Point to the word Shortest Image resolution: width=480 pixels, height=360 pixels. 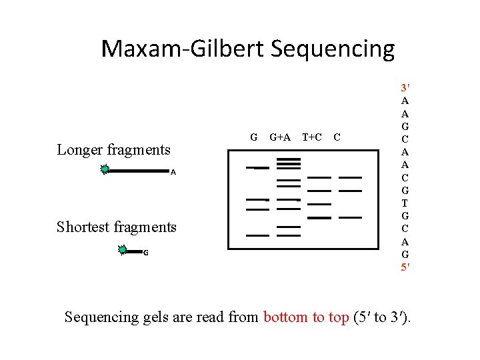[85, 227]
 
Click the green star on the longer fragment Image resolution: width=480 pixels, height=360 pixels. [105, 170]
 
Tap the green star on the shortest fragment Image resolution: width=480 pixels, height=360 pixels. [122, 251]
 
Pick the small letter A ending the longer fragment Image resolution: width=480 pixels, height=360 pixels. [173, 173]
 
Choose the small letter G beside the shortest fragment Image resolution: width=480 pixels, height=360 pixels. [146, 253]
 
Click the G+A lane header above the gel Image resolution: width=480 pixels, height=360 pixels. [280, 137]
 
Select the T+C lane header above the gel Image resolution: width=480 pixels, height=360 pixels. [312, 137]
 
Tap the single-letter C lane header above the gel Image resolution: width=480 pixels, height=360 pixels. [337, 137]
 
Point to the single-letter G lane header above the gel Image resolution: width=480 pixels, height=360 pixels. [253, 137]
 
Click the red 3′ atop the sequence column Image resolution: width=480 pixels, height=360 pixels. [405, 88]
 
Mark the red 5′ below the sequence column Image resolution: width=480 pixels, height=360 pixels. [405, 267]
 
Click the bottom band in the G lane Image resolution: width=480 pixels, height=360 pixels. [257, 235]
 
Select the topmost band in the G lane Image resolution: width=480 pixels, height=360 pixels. [257, 167]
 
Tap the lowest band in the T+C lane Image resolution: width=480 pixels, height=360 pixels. [319, 218]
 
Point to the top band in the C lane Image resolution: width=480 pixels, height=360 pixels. [350, 177]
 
